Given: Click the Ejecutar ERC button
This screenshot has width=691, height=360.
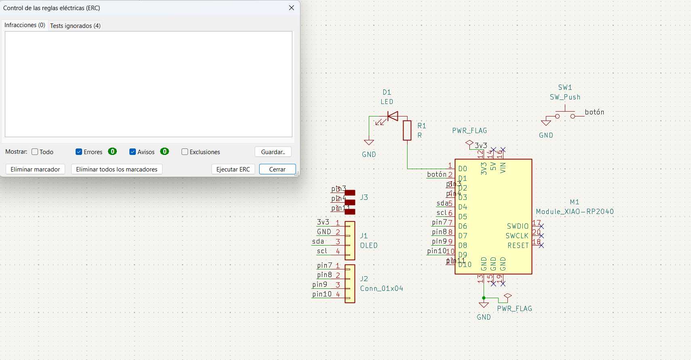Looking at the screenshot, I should click(233, 169).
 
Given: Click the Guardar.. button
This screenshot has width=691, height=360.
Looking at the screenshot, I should click(273, 152).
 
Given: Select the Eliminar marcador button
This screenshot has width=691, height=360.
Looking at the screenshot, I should click(35, 169).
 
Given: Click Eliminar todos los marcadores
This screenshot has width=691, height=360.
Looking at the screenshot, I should click(116, 169).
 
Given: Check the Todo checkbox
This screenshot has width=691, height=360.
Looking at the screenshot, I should click(35, 152).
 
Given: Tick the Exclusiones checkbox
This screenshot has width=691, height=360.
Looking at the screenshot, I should click(185, 152).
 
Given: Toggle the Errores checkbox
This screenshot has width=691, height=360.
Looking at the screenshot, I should click(79, 152).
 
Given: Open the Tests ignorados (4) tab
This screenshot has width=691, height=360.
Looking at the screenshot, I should click(75, 25).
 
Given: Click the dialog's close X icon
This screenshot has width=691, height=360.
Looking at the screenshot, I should click(292, 8).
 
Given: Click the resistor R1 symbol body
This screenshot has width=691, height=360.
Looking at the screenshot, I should click(407, 130).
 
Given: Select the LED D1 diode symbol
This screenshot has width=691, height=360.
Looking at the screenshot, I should click(392, 116).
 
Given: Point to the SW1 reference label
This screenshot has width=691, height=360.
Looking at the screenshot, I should click(565, 87).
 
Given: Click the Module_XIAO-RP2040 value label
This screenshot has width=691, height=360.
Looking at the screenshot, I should click(575, 212).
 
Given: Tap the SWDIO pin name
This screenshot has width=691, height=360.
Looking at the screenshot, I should click(518, 226).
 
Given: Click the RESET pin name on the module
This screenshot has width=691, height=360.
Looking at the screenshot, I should click(518, 246).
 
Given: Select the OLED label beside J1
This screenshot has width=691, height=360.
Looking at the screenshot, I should click(369, 246).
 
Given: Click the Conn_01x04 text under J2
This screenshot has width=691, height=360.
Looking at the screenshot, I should click(381, 288).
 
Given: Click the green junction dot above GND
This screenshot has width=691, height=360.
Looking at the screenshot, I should click(484, 298).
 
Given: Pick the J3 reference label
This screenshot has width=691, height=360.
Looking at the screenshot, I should click(364, 197).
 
